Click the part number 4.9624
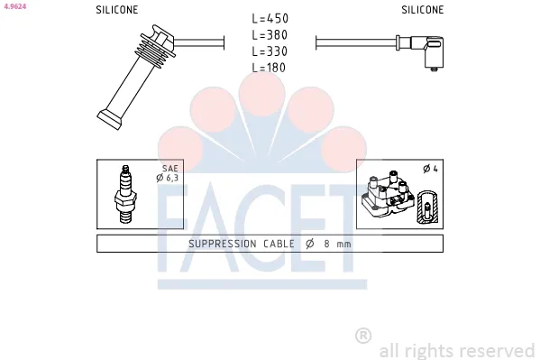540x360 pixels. [15, 6]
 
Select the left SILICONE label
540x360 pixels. [117, 10]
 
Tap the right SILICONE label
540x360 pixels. [423, 10]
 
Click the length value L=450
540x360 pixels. [270, 18]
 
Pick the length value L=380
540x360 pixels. [270, 35]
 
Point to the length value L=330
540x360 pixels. [270, 51]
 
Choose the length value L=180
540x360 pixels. [269, 68]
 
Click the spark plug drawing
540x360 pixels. [125, 194]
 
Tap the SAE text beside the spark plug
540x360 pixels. [170, 169]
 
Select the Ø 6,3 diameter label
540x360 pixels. [168, 178]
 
